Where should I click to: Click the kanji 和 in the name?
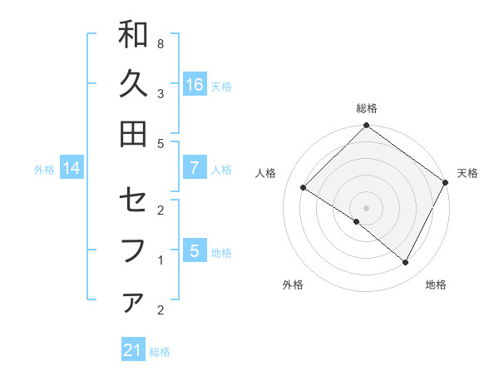[133, 36]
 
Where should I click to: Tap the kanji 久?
[133, 84]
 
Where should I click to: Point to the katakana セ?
[133, 202]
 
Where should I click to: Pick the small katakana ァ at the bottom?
[133, 303]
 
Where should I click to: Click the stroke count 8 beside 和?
[161, 43]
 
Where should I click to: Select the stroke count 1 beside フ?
[161, 260]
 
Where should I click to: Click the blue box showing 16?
[194, 85]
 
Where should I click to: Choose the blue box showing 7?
[194, 168]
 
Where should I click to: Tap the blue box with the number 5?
[194, 251]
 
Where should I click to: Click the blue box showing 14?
[71, 169]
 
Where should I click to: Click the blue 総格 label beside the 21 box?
[160, 352]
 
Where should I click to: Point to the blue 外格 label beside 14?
[44, 170]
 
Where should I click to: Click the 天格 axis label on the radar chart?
[467, 173]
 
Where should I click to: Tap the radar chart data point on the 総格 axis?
[366, 126]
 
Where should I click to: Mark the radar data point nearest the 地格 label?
[406, 263]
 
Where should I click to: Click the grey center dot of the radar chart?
[366, 207]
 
